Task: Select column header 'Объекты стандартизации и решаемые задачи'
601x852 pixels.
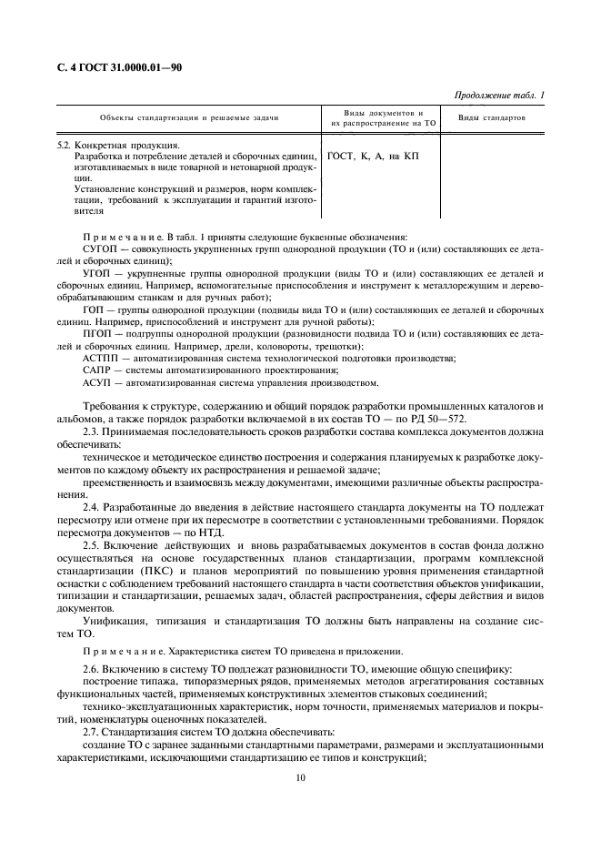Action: pyautogui.click(x=189, y=118)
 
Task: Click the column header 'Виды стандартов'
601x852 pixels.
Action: pyautogui.click(x=491, y=118)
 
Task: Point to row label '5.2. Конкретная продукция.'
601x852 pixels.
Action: pyautogui.click(x=118, y=145)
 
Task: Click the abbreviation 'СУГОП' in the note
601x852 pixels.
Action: pyautogui.click(x=99, y=248)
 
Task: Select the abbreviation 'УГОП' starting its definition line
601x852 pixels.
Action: pyautogui.click(x=96, y=273)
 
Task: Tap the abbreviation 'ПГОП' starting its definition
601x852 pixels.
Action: pyautogui.click(x=96, y=334)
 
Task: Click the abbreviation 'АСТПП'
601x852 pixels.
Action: pyautogui.click(x=101, y=359)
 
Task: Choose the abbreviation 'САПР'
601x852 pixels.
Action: pyautogui.click(x=97, y=370)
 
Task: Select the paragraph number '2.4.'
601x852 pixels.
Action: pyautogui.click(x=92, y=504)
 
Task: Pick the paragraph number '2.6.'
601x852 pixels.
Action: pyautogui.click(x=92, y=669)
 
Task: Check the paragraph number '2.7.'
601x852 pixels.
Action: pyautogui.click(x=92, y=731)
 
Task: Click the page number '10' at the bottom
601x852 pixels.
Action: pyautogui.click(x=300, y=778)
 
